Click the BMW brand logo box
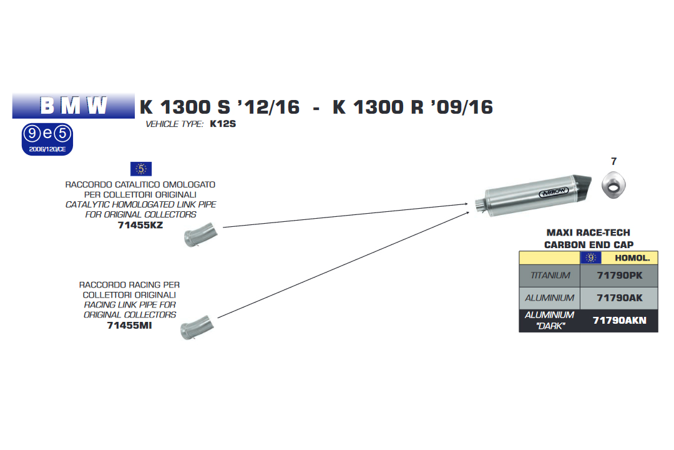tap(74, 106)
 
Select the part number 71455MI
tap(129, 325)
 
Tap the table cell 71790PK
tap(618, 276)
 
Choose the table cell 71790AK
tap(618, 298)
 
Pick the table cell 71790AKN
tap(618, 321)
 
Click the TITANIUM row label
tap(550, 276)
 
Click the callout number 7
tap(613, 161)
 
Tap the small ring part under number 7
tap(613, 186)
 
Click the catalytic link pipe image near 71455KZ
tap(200, 236)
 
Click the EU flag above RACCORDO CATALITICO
tap(140, 168)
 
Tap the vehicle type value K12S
tap(222, 124)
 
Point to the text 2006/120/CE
tap(47, 149)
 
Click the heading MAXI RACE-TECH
tap(589, 232)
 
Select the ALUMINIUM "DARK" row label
tap(549, 321)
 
